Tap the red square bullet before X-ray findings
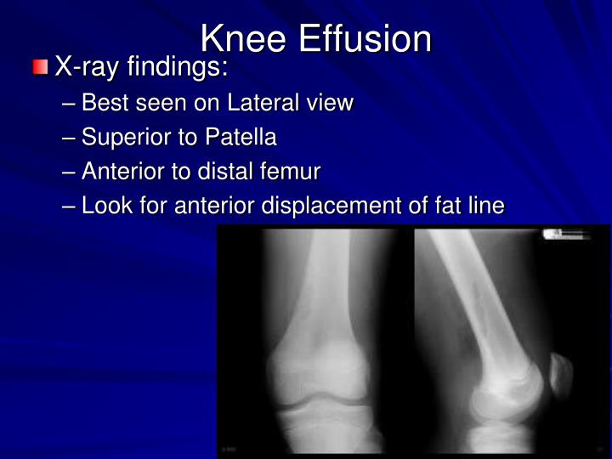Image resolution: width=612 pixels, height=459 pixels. tap(41, 67)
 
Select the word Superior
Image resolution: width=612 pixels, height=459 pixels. tap(128, 138)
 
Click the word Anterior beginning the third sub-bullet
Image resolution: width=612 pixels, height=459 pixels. tap(124, 172)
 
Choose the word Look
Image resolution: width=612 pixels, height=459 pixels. tap(105, 206)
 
